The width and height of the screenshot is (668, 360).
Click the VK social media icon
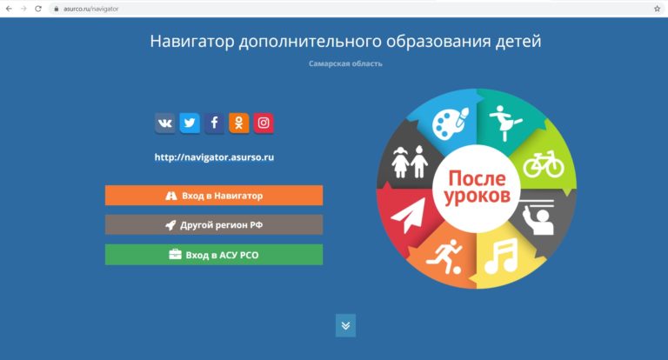coord(165,123)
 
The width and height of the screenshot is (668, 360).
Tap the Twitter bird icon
coord(190,123)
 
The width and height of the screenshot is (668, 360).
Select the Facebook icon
coord(214,123)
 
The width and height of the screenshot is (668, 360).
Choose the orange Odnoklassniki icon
coord(239,123)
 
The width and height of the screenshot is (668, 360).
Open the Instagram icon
coord(264,123)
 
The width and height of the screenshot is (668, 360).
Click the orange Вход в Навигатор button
coord(214,196)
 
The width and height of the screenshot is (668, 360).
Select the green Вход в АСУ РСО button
coord(214,255)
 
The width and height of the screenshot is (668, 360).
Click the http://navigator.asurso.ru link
coord(214,157)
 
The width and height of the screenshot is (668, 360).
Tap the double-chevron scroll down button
coord(345,325)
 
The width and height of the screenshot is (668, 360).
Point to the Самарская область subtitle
coord(345,63)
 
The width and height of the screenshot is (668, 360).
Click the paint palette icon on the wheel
coord(451,123)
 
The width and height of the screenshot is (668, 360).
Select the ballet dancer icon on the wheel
coord(504,123)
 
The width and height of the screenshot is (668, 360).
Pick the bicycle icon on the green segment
coord(544,164)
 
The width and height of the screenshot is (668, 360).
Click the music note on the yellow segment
coord(501,256)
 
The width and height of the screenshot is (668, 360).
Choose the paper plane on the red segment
coord(408,215)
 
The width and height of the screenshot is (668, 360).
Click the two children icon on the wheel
coord(410,162)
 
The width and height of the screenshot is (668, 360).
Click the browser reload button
coord(38,9)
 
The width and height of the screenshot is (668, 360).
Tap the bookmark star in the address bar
coord(657,9)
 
